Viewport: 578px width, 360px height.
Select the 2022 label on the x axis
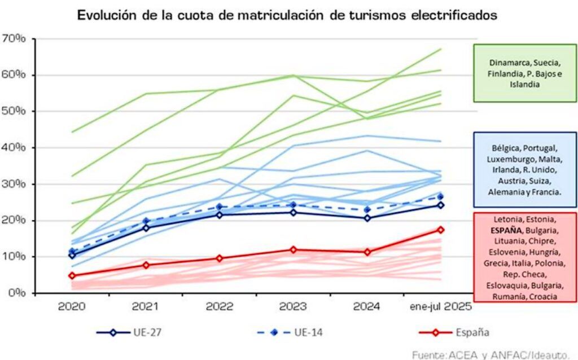tap(220, 308)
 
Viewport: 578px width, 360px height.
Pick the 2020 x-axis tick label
tap(72, 308)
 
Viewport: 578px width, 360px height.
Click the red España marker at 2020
tap(72, 276)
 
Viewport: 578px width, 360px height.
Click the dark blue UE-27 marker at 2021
tap(146, 228)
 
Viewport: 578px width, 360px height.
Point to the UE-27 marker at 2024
tap(367, 218)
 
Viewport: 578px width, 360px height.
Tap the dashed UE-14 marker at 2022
tap(220, 207)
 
